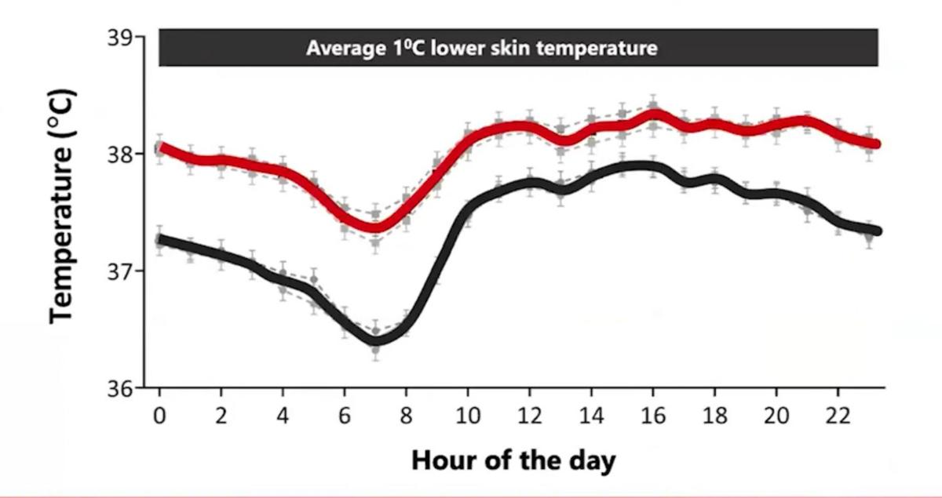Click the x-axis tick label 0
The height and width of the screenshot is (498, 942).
159,416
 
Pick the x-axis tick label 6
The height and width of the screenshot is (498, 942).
345,416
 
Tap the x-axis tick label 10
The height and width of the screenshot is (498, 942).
469,416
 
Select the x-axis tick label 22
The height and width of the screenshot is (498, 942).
838,416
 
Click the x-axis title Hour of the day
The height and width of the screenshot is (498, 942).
514,460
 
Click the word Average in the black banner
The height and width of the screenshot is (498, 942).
338,49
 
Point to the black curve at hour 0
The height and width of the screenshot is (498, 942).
160,239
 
